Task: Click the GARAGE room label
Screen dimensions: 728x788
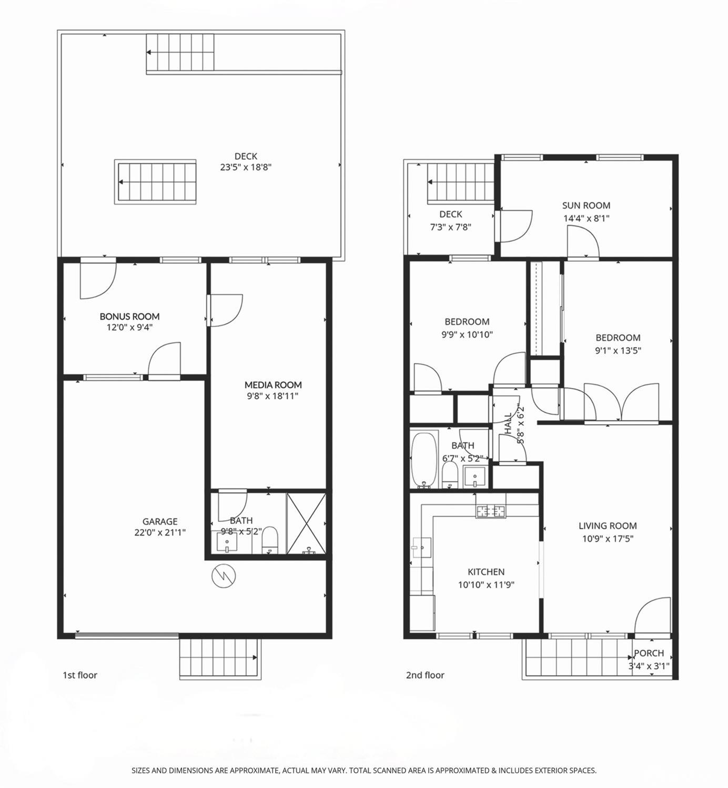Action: coord(160,521)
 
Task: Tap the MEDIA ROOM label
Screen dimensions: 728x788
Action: coord(273,385)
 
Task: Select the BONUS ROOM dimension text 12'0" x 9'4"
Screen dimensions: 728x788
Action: coord(129,328)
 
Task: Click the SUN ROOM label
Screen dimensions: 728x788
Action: coord(586,206)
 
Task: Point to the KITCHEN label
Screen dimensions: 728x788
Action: coord(486,572)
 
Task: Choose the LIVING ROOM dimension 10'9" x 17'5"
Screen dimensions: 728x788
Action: coord(608,539)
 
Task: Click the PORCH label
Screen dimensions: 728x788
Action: coord(649,653)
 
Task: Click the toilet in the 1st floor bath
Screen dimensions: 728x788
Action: coord(270,540)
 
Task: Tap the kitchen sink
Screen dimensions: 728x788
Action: coord(422,548)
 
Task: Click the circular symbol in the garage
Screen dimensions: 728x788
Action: coord(224,577)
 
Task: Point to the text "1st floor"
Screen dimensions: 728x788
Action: coord(80,675)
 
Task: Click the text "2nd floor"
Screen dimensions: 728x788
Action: coord(425,675)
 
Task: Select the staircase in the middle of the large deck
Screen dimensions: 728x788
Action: coord(155,182)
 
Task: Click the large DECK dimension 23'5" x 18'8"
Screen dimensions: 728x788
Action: coord(246,167)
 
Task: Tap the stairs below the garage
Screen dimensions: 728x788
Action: coord(220,659)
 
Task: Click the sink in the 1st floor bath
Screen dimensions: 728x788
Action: coord(227,543)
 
